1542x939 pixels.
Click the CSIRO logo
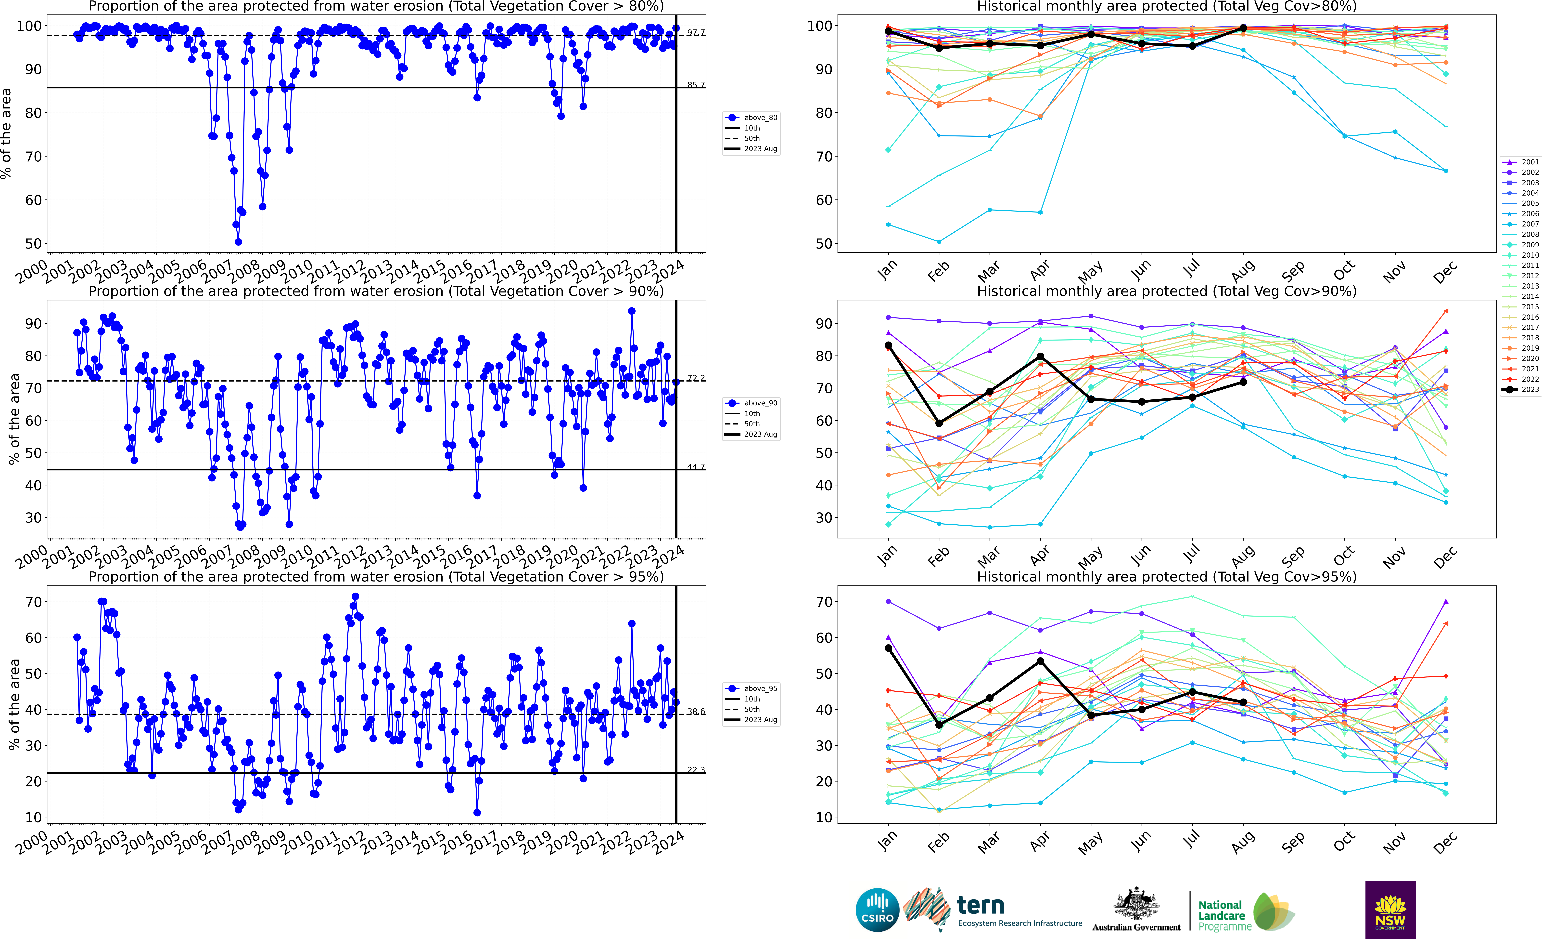point(877,910)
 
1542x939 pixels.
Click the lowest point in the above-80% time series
point(238,242)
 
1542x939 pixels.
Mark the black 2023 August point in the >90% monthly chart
point(1244,382)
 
